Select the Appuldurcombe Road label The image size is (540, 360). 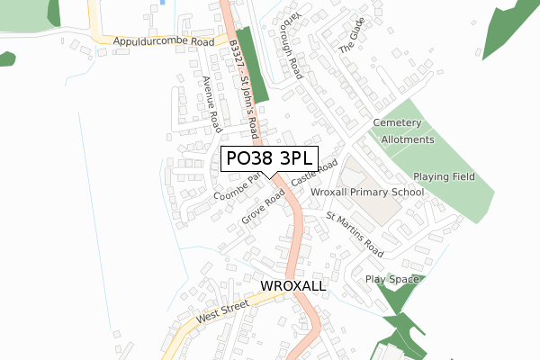(x=163, y=41)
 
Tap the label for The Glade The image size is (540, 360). (x=353, y=36)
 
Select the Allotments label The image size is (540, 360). (x=407, y=140)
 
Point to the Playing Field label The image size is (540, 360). (x=444, y=176)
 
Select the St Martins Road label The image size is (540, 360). (x=355, y=235)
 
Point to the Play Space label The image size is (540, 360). (x=391, y=280)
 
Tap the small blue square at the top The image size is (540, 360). (x=161, y=2)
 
